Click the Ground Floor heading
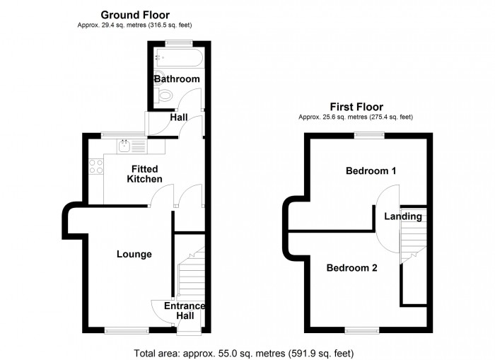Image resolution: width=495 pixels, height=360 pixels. point(134,14)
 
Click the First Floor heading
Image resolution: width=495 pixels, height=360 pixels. point(356,107)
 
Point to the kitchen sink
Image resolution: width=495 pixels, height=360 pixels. point(125,146)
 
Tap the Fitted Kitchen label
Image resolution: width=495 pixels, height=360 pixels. point(144,174)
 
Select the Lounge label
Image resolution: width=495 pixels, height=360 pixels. point(134,254)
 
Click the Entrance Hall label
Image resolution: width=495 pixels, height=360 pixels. point(184,310)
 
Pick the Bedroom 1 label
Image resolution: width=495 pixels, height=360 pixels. point(371,170)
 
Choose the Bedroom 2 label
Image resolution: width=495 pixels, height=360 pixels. point(351,268)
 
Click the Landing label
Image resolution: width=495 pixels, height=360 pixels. point(403,216)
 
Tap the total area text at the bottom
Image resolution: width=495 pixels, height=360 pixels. point(243,352)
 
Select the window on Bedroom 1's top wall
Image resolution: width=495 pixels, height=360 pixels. point(369,134)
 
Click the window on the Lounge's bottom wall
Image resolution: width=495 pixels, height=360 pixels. point(118,329)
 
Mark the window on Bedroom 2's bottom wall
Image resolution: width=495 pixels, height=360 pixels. point(361,329)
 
